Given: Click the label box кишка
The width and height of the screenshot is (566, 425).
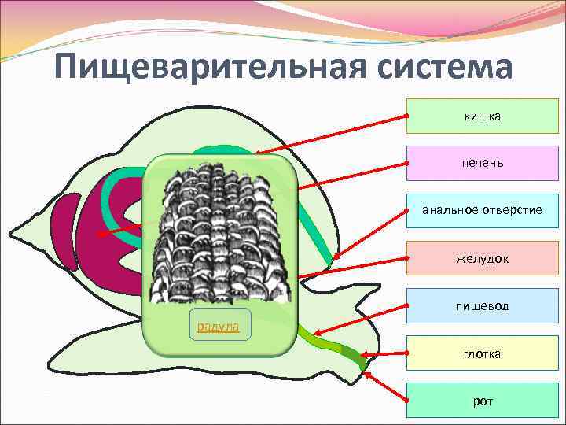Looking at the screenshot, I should pyautogui.click(x=482, y=116).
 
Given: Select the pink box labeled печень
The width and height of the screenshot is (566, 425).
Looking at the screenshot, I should pyautogui.click(x=482, y=164).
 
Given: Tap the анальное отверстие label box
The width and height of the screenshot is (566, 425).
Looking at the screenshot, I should pyautogui.click(x=482, y=211).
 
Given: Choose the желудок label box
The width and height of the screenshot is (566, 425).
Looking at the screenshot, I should pyautogui.click(x=482, y=258).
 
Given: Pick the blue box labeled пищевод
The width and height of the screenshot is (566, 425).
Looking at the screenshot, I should pyautogui.click(x=482, y=305).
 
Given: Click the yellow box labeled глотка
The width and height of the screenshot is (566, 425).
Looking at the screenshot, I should pyautogui.click(x=482, y=354).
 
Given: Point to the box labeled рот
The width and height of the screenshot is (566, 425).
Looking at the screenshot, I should pyautogui.click(x=482, y=401).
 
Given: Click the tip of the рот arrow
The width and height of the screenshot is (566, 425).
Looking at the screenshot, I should pyautogui.click(x=366, y=374).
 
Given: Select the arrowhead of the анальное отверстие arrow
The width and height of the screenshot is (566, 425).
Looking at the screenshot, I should pyautogui.click(x=333, y=257).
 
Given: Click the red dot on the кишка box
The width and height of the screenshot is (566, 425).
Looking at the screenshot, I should pyautogui.click(x=407, y=116).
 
